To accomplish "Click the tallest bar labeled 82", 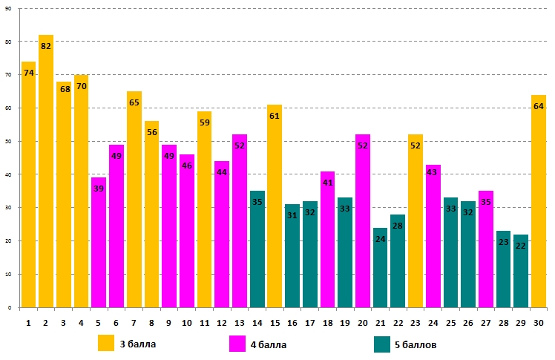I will pyautogui.click(x=46, y=171).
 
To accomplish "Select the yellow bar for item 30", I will pyautogui.click(x=539, y=200).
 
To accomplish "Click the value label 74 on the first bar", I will pyautogui.click(x=29, y=73).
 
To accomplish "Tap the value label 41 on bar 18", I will pyautogui.click(x=328, y=183).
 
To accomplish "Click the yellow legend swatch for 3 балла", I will pyautogui.click(x=107, y=343).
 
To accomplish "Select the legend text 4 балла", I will pyautogui.click(x=269, y=344).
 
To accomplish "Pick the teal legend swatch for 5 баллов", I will pyautogui.click(x=382, y=344).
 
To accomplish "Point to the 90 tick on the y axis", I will pyautogui.click(x=7, y=9).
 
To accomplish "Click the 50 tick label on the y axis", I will pyautogui.click(x=7, y=141).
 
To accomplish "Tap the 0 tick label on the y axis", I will pyautogui.click(x=9, y=307).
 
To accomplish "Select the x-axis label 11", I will pyautogui.click(x=204, y=322).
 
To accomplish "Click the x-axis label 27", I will pyautogui.click(x=486, y=322).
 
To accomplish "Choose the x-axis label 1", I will pyautogui.click(x=28, y=322).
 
